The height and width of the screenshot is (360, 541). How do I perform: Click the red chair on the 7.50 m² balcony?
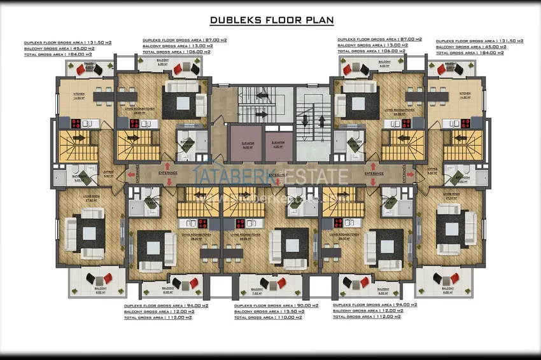pos(268,280)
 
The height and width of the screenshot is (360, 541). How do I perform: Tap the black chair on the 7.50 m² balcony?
pos(244,280)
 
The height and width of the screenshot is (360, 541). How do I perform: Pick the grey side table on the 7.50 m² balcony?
pos(256,281)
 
